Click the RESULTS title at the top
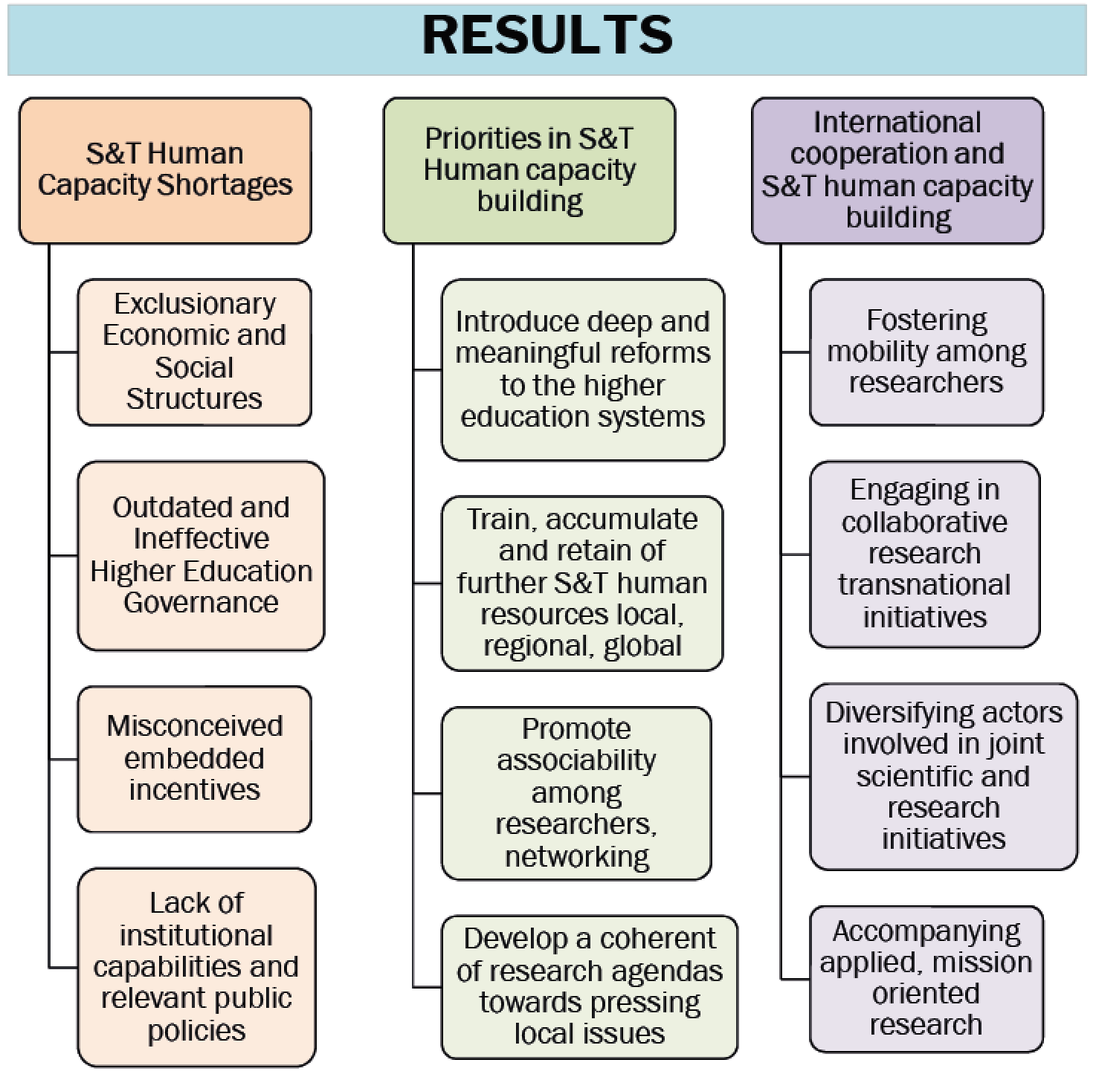(x=547, y=35)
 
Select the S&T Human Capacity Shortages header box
(x=165, y=170)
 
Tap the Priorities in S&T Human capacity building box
(x=529, y=170)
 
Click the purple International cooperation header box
(x=897, y=170)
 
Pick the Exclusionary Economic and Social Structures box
(x=194, y=352)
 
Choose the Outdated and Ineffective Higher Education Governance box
(x=201, y=555)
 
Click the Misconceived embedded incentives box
(x=194, y=758)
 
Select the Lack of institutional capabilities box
(x=196, y=966)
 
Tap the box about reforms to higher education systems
(x=582, y=369)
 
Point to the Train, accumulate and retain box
(x=582, y=583)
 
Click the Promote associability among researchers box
(x=576, y=792)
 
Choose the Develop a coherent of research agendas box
(x=590, y=986)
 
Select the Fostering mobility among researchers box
(x=926, y=352)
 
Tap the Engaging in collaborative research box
(x=924, y=554)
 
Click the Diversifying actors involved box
(x=944, y=776)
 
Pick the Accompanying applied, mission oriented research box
(x=926, y=978)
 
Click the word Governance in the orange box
(x=201, y=602)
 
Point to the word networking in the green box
(x=577, y=856)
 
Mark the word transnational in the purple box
(x=924, y=585)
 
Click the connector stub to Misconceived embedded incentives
(x=64, y=759)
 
